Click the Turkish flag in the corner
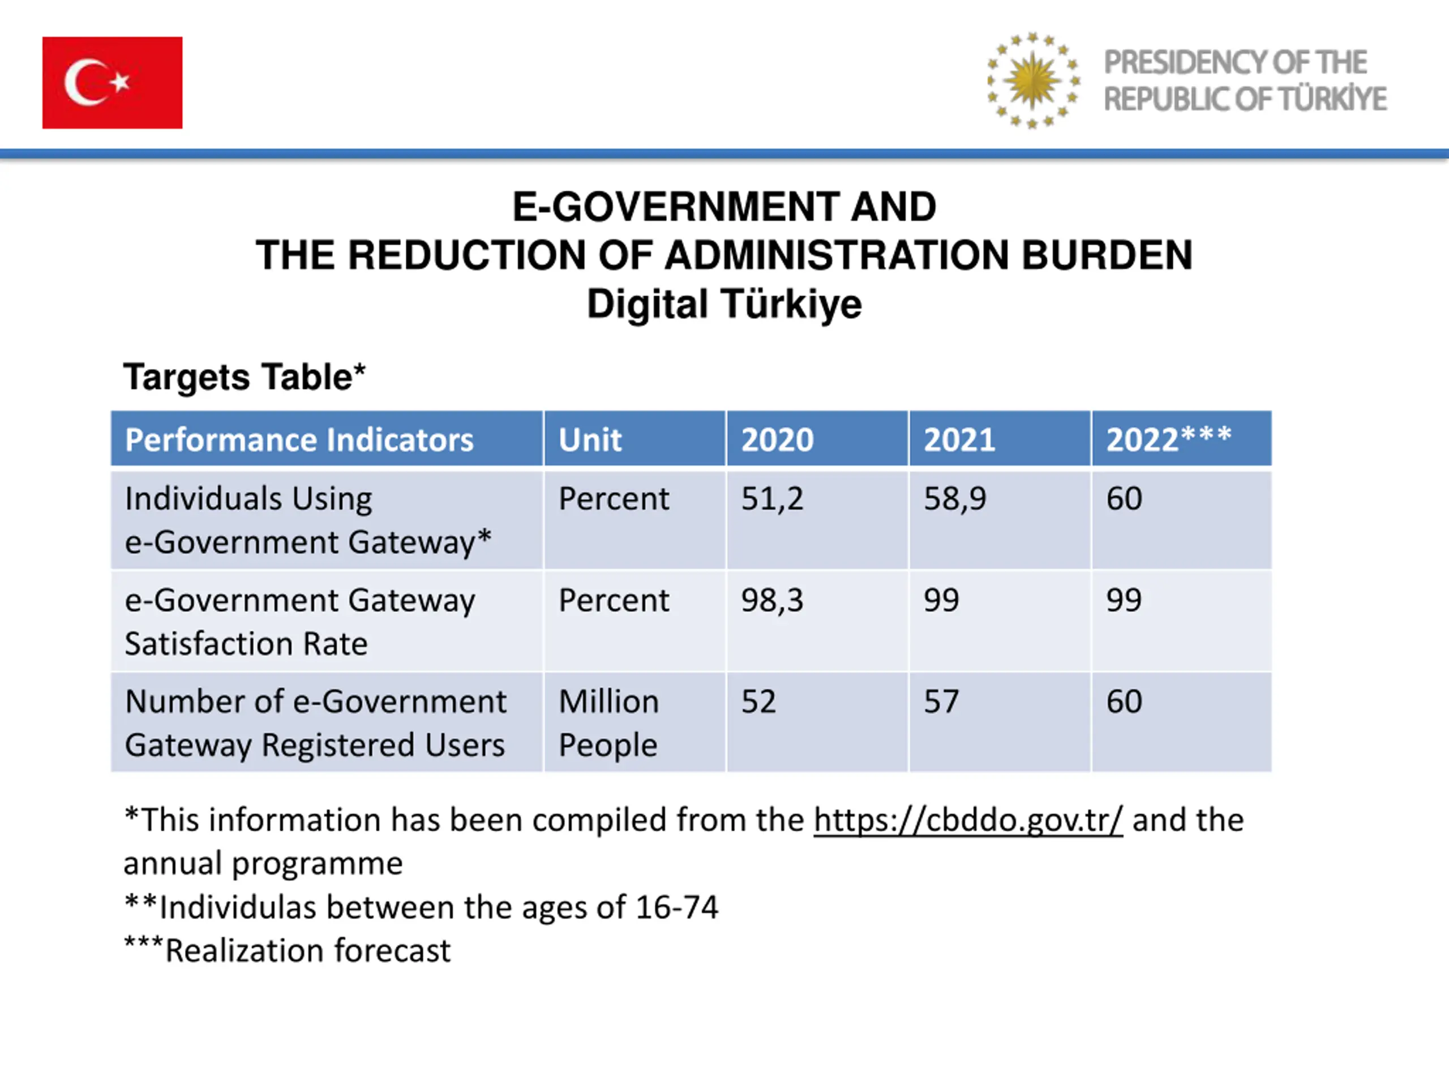tap(112, 83)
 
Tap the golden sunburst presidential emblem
tap(1033, 80)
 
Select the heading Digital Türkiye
tap(724, 305)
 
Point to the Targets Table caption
tap(244, 378)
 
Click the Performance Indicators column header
tap(299, 440)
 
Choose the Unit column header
tap(590, 440)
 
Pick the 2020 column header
tap(777, 440)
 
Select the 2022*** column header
tap(1169, 439)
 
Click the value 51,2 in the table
tap(771, 499)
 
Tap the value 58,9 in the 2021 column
tap(954, 499)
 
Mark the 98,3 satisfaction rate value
tap(771, 601)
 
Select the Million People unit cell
tap(608, 724)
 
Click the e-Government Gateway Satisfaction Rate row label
tap(299, 622)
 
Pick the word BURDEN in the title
tap(1107, 255)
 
